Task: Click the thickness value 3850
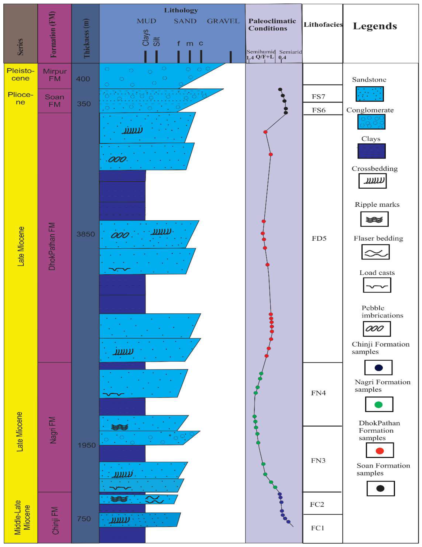pyautogui.click(x=86, y=234)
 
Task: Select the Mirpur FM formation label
pyautogui.click(x=55, y=75)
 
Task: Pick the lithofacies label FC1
pyautogui.click(x=317, y=528)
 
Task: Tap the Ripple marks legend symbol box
pyautogui.click(x=374, y=219)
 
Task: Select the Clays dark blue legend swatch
pyautogui.click(x=371, y=151)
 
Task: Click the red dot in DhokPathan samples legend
pyautogui.click(x=379, y=451)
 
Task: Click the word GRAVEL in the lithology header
pyautogui.click(x=223, y=21)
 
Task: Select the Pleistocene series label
pyautogui.click(x=21, y=74)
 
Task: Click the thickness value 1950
pyautogui.click(x=87, y=445)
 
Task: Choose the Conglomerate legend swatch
pyautogui.click(x=371, y=122)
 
